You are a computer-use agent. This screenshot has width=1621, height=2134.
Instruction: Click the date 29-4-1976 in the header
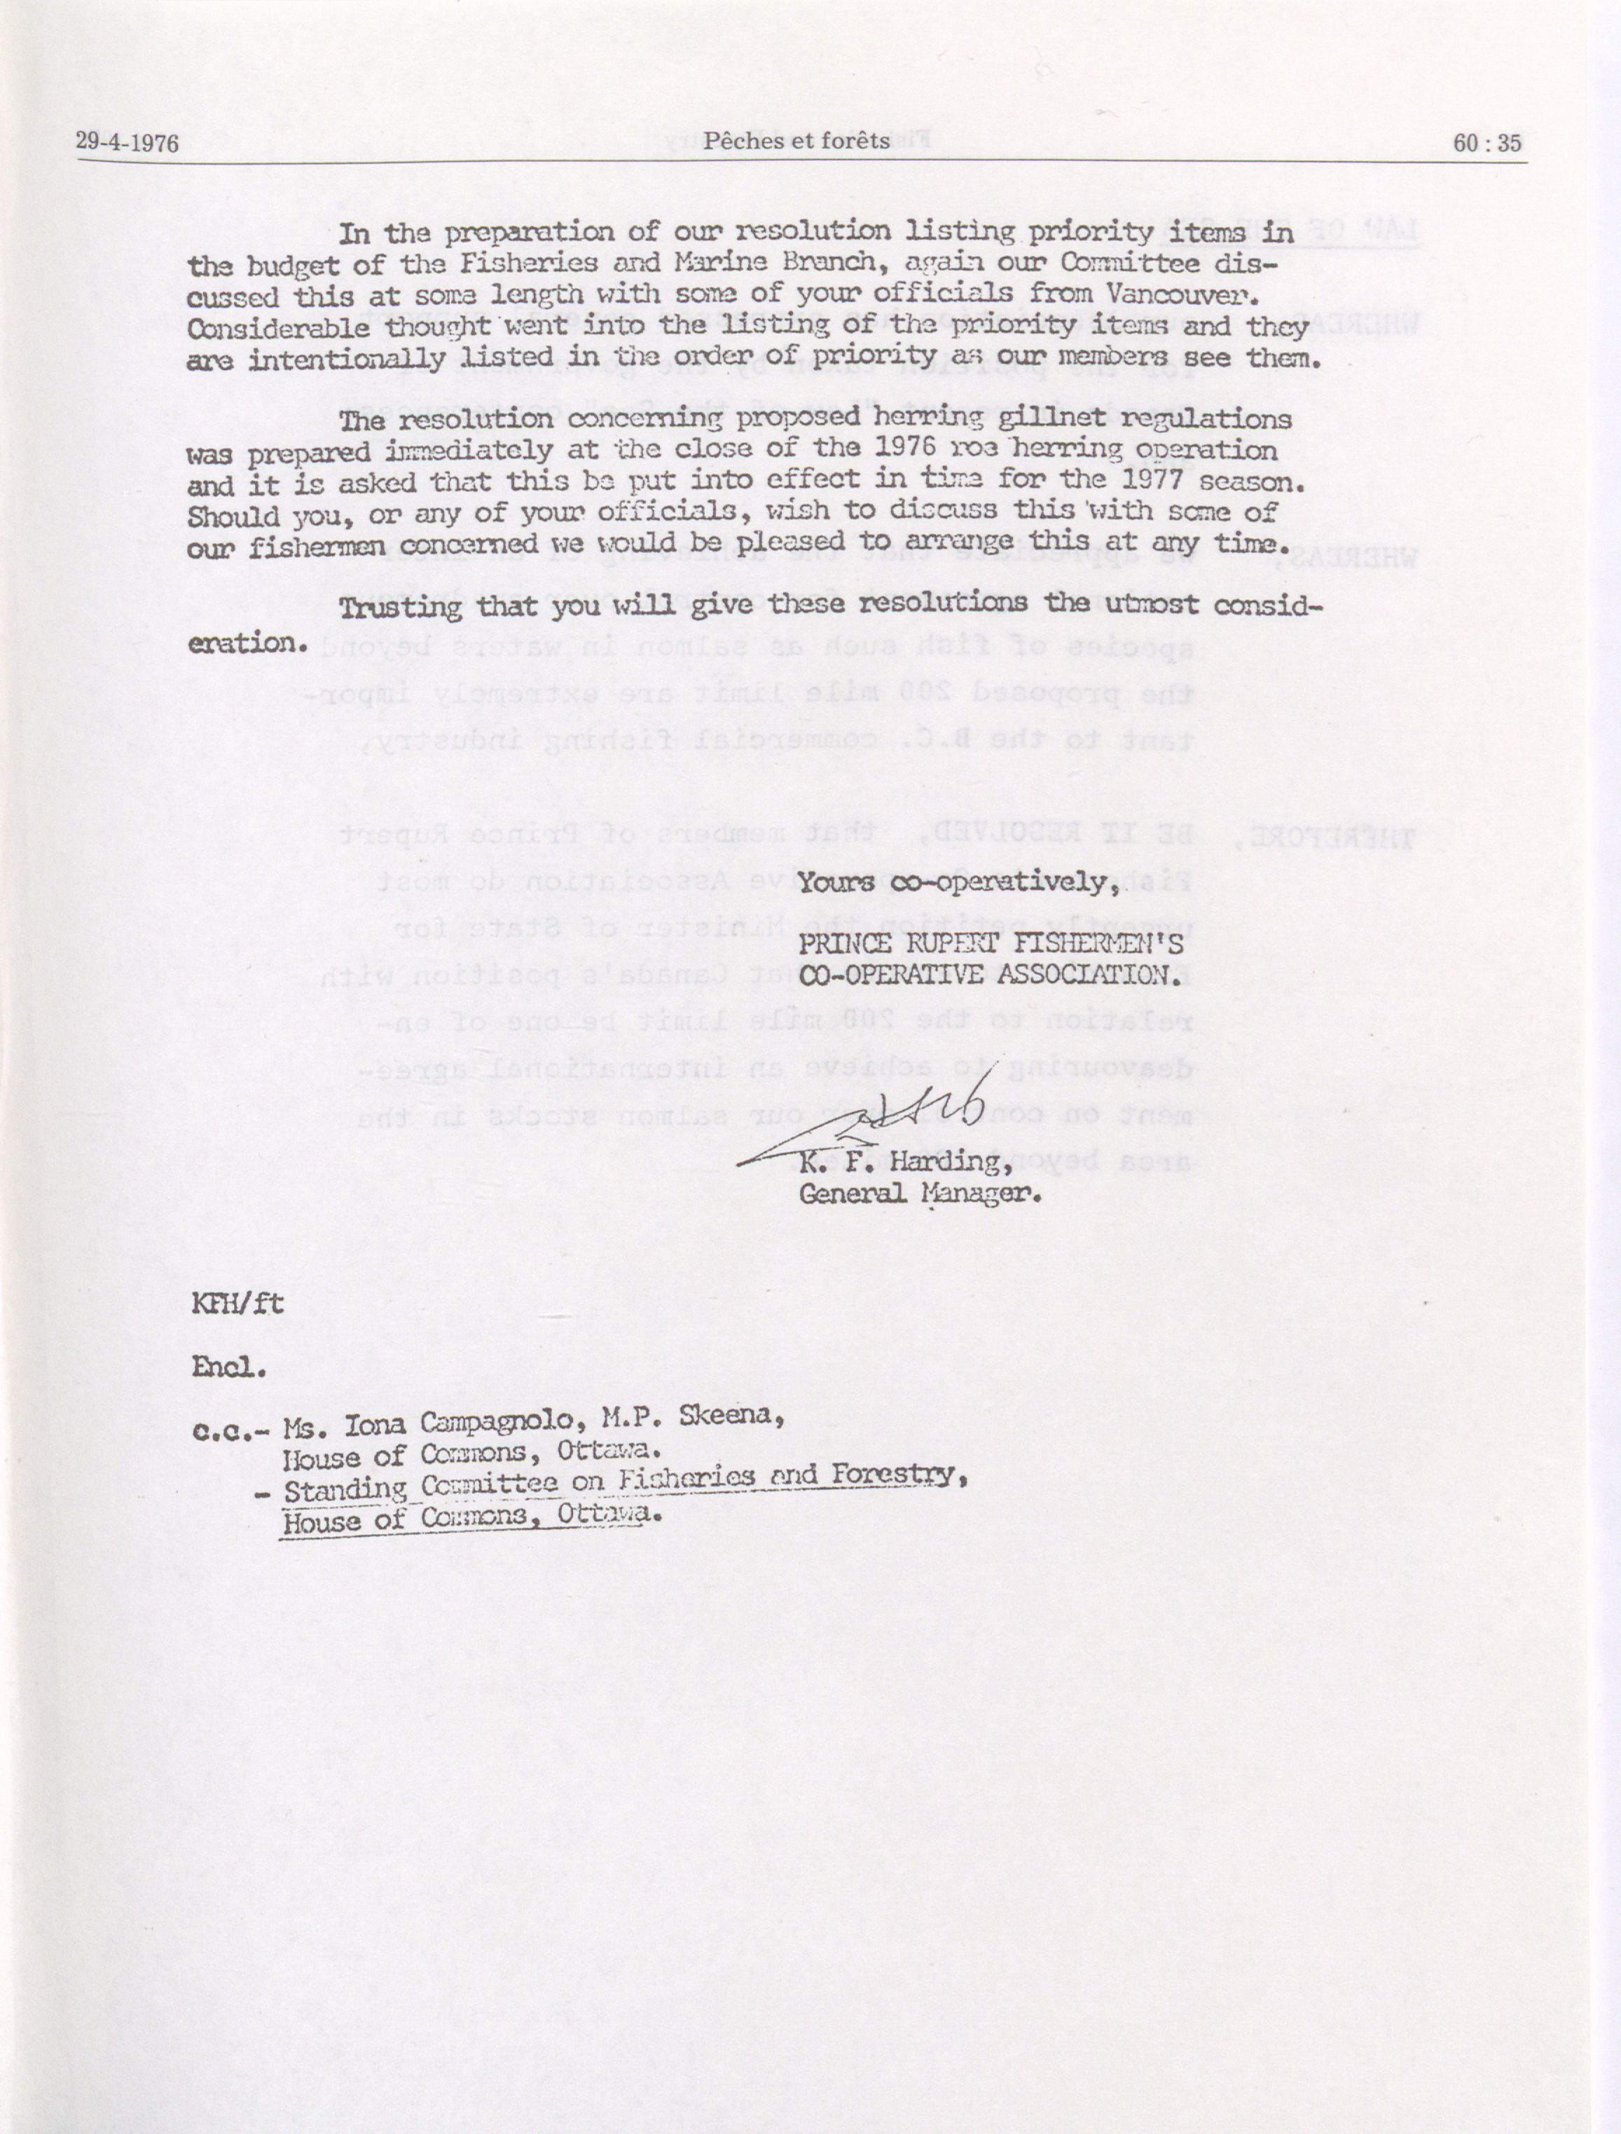(127, 143)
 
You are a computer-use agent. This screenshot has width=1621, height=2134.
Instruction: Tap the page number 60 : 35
(1487, 143)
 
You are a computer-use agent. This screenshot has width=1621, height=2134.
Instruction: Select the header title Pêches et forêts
(796, 141)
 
